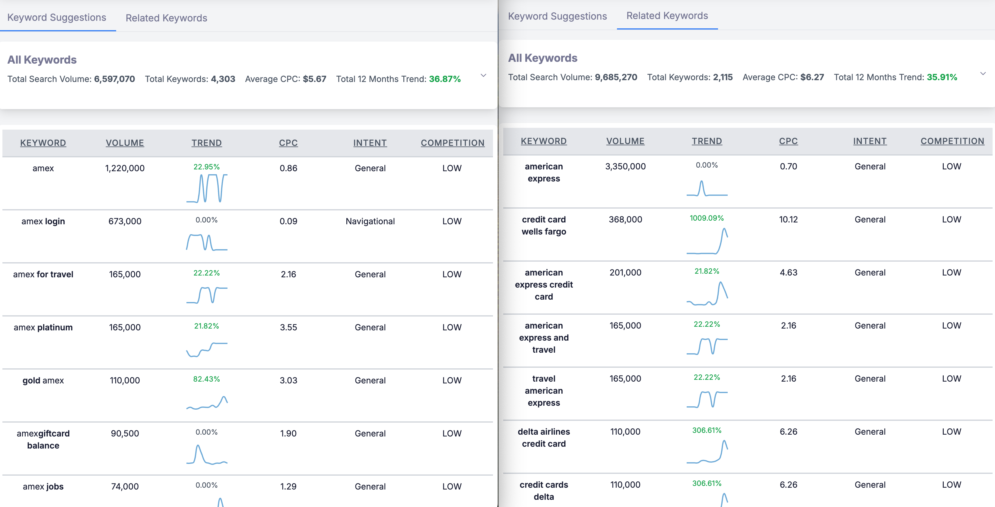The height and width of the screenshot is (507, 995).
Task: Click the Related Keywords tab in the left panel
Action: pyautogui.click(x=166, y=18)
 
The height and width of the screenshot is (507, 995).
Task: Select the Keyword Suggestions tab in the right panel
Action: pyautogui.click(x=557, y=16)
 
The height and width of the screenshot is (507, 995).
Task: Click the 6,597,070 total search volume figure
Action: pyautogui.click(x=114, y=79)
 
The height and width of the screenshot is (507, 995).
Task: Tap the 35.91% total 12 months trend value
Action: pyautogui.click(x=942, y=77)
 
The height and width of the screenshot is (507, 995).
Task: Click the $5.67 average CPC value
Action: pyautogui.click(x=314, y=79)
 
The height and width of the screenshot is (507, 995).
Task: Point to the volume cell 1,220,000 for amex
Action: pyautogui.click(x=125, y=168)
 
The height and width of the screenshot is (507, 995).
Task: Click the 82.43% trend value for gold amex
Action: pyautogui.click(x=206, y=379)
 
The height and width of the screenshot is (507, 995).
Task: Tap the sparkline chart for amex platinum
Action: pyautogui.click(x=207, y=349)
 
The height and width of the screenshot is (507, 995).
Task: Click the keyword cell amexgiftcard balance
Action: pyautogui.click(x=43, y=439)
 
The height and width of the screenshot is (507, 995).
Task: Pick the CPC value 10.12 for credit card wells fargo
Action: pyautogui.click(x=788, y=219)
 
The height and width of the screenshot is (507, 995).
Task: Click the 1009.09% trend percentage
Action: pyautogui.click(x=707, y=218)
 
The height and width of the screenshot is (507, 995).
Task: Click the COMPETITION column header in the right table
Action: pyautogui.click(x=952, y=141)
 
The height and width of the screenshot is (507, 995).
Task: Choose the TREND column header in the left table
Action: pyautogui.click(x=206, y=143)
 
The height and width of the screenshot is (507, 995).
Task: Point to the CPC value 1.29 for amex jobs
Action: pyautogui.click(x=288, y=486)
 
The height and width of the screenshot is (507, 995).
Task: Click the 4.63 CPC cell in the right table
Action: pyautogui.click(x=788, y=272)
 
